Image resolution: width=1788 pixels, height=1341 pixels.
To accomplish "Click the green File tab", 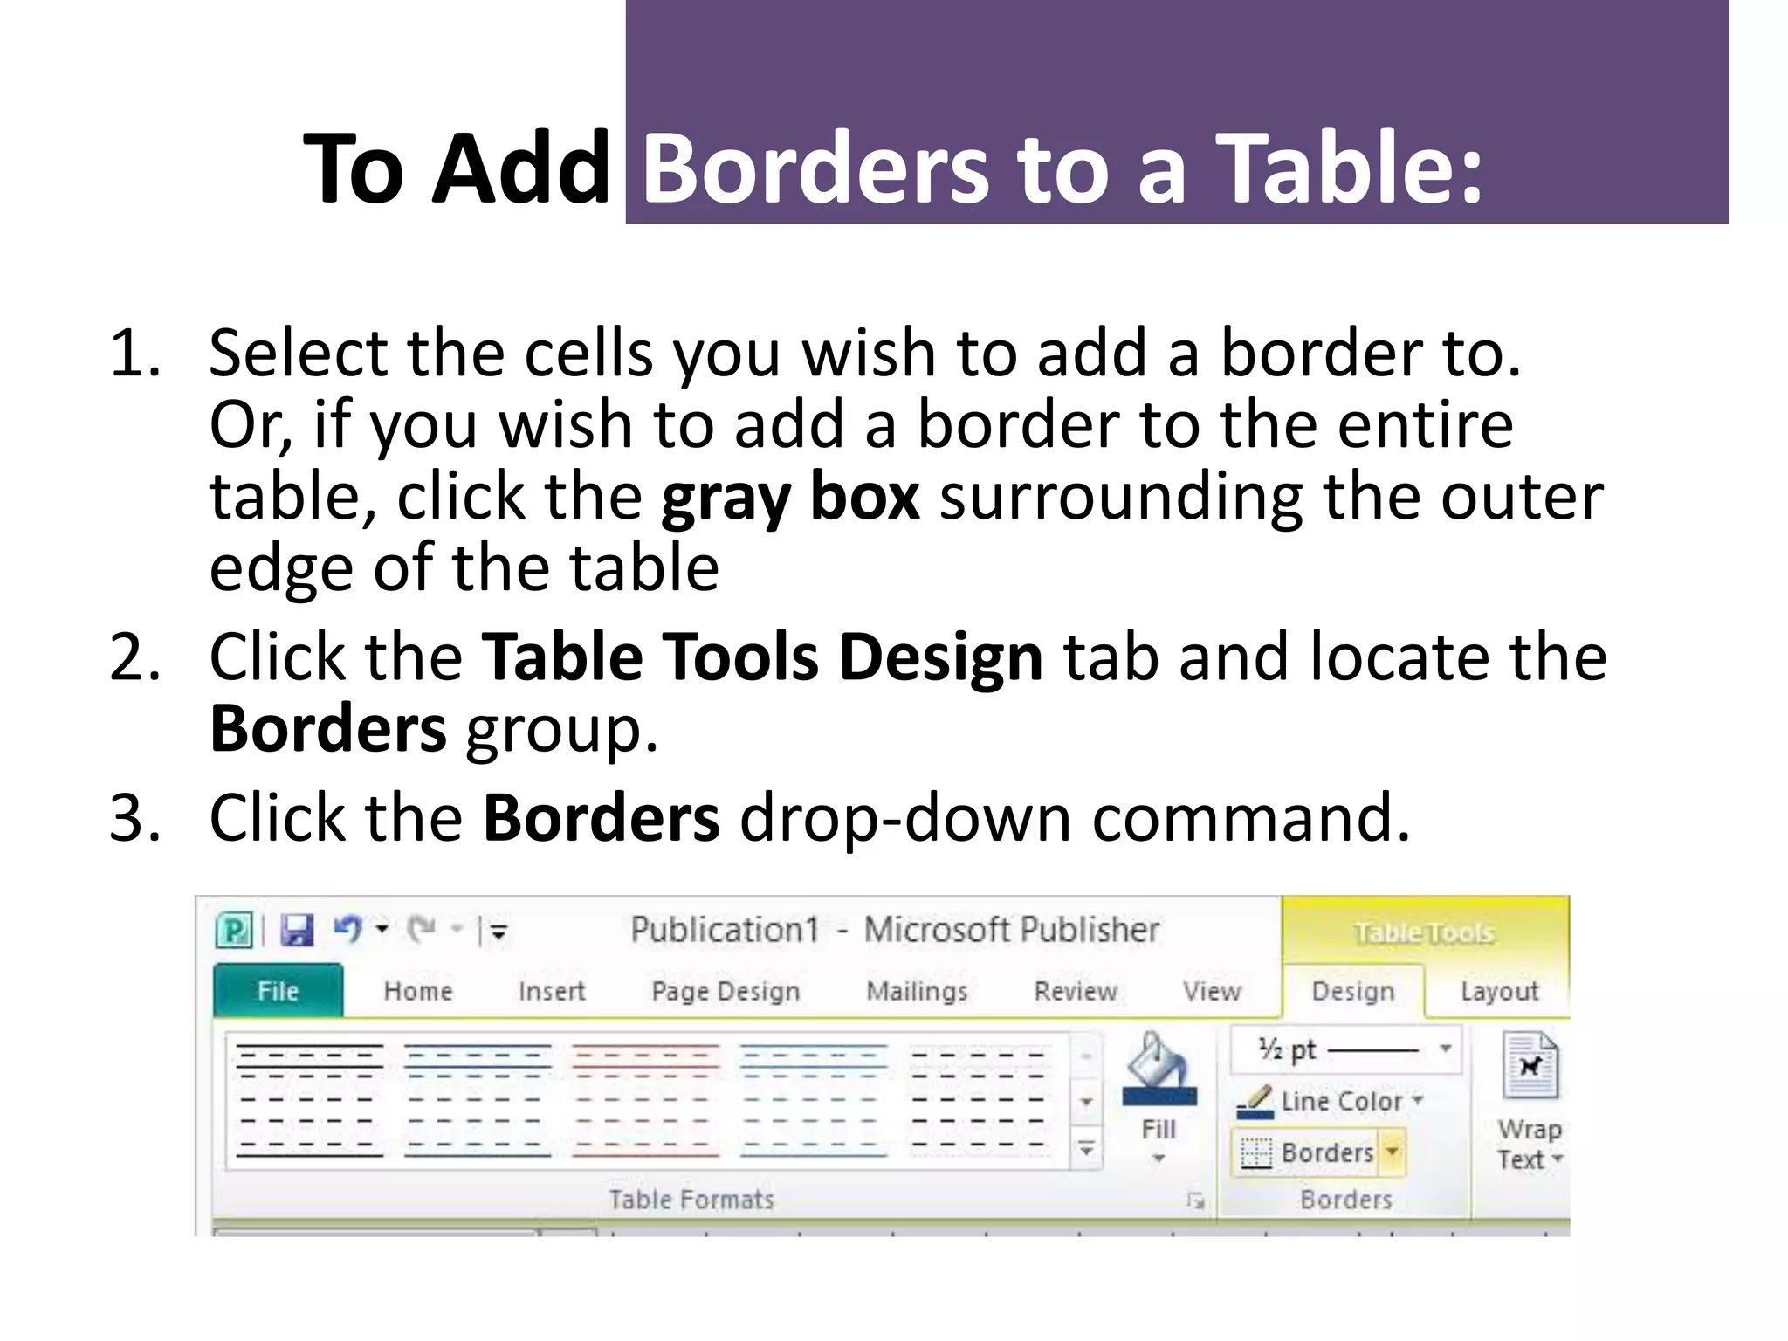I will click(x=278, y=991).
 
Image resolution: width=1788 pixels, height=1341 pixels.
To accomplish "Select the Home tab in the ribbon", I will click(x=418, y=991).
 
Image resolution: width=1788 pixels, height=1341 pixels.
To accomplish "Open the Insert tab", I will click(x=551, y=991).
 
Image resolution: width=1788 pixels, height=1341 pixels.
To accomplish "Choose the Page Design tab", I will click(x=726, y=991).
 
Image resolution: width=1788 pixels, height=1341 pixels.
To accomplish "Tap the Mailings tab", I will click(x=917, y=991).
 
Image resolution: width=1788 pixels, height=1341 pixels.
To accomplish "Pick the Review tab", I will click(x=1076, y=991).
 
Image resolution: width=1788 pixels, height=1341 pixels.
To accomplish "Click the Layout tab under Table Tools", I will click(x=1499, y=991).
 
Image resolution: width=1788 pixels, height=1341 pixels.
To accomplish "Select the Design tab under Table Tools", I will click(x=1352, y=991).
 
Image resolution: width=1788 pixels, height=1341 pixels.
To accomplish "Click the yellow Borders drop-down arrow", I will click(x=1393, y=1152).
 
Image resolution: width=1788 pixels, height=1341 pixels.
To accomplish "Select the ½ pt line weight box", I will click(x=1344, y=1049).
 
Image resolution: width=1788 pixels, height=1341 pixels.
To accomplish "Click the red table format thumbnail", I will click(x=645, y=1100).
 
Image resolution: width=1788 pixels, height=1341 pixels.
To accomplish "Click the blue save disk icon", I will click(x=297, y=931).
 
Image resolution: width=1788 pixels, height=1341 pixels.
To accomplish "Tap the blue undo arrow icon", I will click(x=347, y=929).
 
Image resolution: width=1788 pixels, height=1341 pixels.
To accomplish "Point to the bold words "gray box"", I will click(x=790, y=496).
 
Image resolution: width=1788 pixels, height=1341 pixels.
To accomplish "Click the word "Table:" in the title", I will click(x=1349, y=168).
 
